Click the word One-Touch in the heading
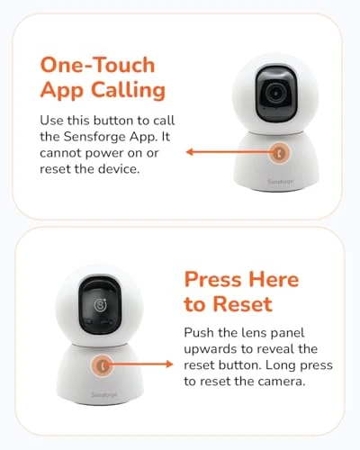coord(97,66)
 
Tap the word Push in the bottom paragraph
coord(198,333)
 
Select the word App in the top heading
coord(61,92)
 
